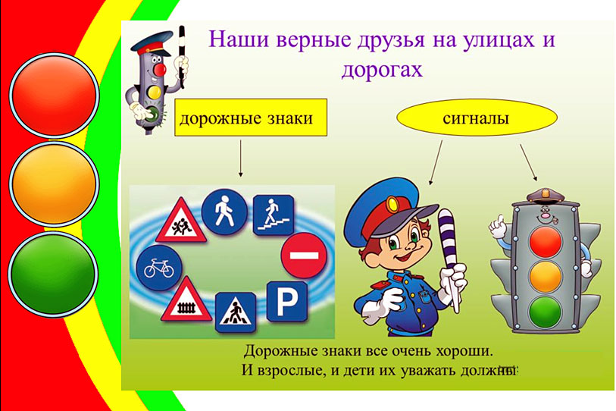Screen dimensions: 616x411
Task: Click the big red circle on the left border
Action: coord(55,96)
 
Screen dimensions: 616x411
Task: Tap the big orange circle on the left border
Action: coord(55,184)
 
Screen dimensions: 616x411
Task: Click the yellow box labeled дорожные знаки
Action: coord(251,118)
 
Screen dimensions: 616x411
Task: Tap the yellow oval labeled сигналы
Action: coord(477,118)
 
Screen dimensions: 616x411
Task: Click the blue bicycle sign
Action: coord(159,268)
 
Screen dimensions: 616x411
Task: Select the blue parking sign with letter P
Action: coord(287,302)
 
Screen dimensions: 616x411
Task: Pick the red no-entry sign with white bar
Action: coord(304,256)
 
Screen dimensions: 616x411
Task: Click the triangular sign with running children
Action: coord(181,222)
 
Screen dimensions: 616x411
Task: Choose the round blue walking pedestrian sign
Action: coord(224,212)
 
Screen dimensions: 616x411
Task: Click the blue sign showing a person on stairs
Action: coord(274,215)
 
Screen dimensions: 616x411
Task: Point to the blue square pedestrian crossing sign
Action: coord(236,312)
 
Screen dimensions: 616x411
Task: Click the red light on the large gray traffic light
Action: coord(546,241)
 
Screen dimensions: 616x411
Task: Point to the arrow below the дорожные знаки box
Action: coord(240,158)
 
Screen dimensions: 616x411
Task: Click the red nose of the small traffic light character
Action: coord(160,70)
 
